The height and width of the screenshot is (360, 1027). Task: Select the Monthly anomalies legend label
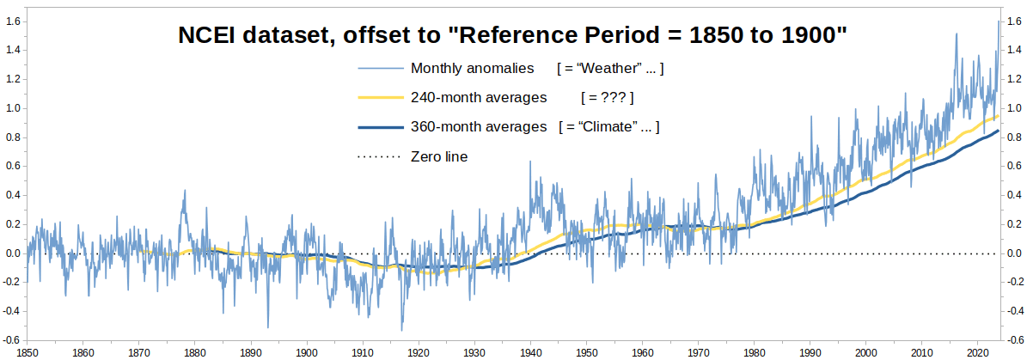(473, 68)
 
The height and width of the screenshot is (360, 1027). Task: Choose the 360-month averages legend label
(479, 127)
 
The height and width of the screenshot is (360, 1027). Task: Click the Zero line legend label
(439, 157)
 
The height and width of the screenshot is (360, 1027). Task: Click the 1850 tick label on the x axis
(27, 351)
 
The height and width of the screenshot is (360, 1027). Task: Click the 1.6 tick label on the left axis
(10, 21)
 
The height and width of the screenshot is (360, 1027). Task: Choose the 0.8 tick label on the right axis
(1015, 137)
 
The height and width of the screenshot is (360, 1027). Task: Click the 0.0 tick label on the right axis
(1015, 253)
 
